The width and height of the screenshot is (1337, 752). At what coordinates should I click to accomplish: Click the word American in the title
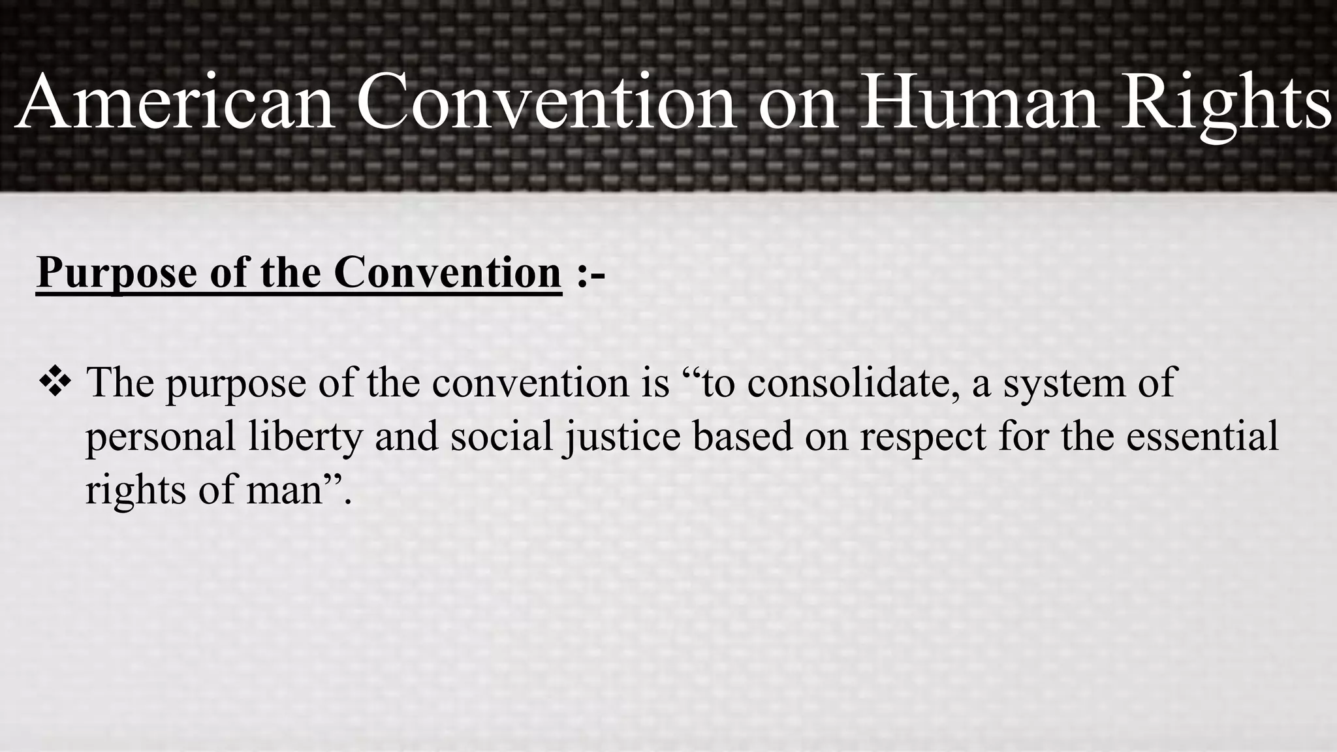[176, 103]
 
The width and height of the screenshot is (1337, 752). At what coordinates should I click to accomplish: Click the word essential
[1202, 436]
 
